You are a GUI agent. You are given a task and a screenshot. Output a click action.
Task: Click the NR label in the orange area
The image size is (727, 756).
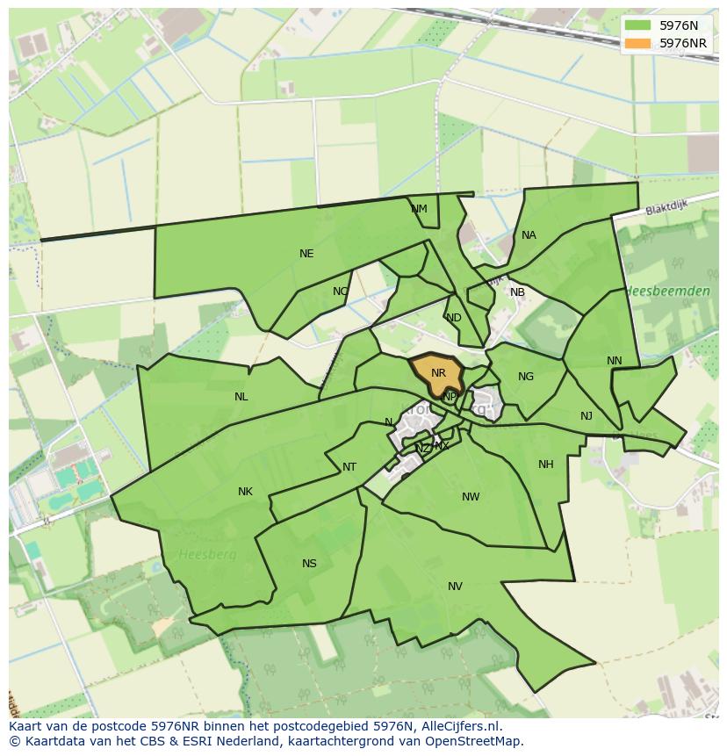[439, 373]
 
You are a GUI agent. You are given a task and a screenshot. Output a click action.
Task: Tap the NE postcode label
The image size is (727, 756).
[306, 254]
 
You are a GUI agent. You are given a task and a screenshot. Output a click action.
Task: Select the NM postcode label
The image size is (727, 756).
[419, 209]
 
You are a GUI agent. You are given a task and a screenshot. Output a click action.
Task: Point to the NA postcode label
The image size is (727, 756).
[529, 235]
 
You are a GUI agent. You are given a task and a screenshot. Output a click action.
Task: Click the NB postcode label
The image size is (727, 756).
[517, 292]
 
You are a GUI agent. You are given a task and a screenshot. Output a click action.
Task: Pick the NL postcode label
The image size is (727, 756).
[241, 397]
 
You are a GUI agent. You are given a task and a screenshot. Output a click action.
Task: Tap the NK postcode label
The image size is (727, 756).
[245, 492]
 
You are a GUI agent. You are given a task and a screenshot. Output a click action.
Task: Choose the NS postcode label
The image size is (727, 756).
[309, 564]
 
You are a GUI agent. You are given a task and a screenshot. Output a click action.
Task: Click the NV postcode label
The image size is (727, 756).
[455, 587]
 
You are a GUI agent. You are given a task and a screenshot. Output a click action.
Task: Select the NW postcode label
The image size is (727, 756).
[471, 497]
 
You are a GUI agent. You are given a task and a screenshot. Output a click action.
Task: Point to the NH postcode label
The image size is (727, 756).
[546, 464]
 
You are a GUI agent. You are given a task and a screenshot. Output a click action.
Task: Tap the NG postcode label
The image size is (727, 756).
[526, 377]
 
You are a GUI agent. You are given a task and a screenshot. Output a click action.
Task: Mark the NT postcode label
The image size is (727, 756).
[349, 467]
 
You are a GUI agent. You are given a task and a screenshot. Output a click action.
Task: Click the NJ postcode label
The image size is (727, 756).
[587, 416]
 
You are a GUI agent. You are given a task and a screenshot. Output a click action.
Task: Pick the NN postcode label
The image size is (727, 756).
[615, 361]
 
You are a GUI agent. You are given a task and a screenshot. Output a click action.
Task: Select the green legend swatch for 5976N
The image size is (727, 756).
[638, 25]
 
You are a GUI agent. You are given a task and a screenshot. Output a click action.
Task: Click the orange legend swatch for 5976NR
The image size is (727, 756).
[638, 43]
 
